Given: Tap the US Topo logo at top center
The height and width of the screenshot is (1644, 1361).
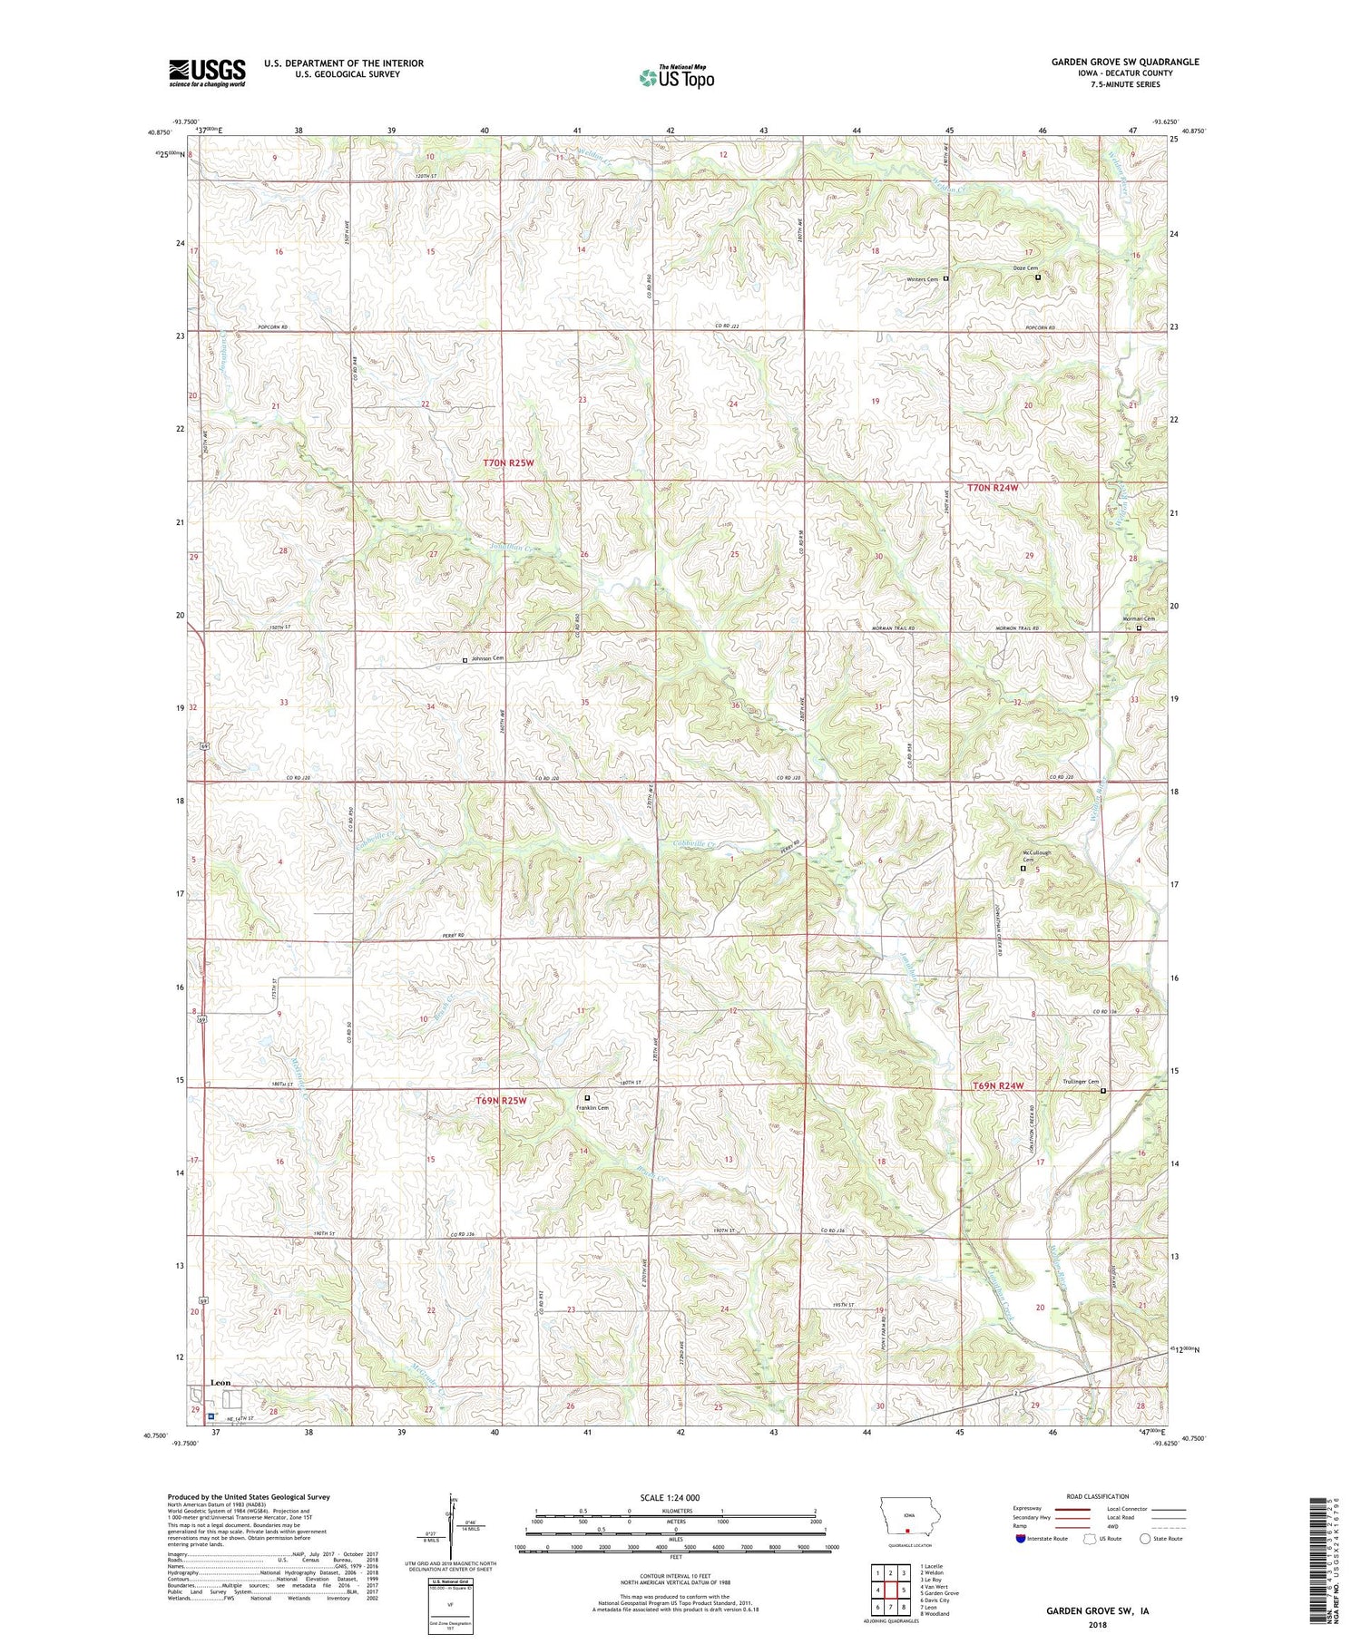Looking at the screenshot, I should (x=676, y=78).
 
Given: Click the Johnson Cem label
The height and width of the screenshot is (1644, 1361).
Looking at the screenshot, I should (x=486, y=659).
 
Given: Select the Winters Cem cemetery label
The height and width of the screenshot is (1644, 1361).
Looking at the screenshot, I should (x=922, y=279).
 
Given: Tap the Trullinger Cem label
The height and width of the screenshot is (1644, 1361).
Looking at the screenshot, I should (x=1081, y=1082).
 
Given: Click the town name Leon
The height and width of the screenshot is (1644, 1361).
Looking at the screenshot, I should (x=220, y=1382).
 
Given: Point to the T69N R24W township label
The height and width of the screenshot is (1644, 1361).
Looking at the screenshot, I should (x=998, y=1086).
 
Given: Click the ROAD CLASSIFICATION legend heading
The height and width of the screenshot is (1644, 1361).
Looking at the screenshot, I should (x=1098, y=1496).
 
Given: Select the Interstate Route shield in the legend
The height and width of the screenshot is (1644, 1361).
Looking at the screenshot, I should (x=1021, y=1538).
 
